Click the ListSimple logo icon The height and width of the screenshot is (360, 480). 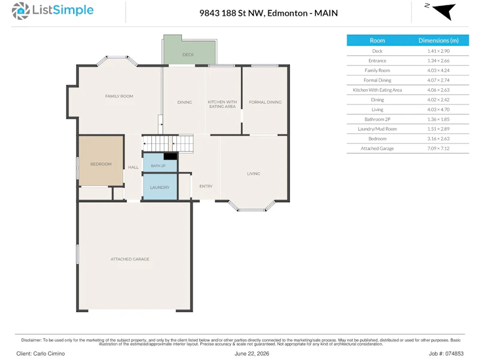(x=20, y=11)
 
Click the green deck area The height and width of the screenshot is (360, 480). (x=188, y=50)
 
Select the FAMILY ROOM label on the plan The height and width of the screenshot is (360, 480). (x=119, y=96)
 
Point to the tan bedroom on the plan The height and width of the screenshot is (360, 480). (x=101, y=161)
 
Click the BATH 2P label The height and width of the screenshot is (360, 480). (x=158, y=166)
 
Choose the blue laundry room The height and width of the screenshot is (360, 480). (x=160, y=187)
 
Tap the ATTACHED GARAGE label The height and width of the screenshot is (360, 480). (x=130, y=259)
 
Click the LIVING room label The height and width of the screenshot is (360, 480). (x=253, y=173)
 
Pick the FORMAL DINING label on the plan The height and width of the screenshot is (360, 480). (x=265, y=102)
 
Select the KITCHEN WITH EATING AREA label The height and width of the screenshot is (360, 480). (x=222, y=104)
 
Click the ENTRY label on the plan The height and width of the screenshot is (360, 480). (x=206, y=186)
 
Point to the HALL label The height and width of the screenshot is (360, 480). (x=133, y=167)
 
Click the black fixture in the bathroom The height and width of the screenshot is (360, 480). (x=170, y=157)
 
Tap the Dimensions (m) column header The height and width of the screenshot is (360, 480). (x=439, y=40)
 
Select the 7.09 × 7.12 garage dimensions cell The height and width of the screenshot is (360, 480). (x=439, y=148)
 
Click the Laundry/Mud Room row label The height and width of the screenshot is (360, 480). (x=377, y=129)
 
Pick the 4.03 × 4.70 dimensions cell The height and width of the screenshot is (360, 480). (x=439, y=110)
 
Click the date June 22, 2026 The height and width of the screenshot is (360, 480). (x=251, y=353)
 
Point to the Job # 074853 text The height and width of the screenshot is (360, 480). (x=446, y=353)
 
